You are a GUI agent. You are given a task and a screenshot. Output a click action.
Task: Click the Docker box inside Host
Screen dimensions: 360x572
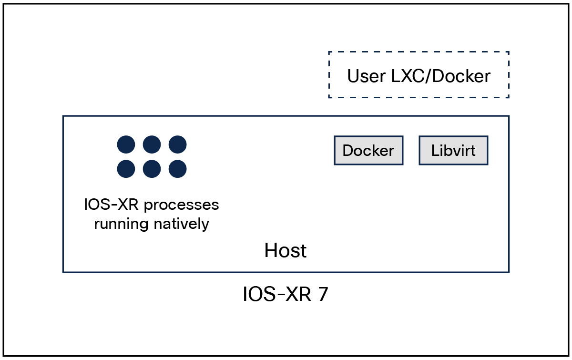[x=368, y=151]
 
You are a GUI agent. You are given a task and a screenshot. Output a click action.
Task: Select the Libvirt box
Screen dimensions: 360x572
[x=453, y=151]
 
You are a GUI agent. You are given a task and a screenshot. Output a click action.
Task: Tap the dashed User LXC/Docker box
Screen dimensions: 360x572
[x=419, y=75]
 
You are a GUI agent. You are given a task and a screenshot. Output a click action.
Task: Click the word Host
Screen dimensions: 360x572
[x=286, y=250]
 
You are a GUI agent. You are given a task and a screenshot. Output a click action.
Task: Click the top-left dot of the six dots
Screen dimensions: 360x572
[x=126, y=144]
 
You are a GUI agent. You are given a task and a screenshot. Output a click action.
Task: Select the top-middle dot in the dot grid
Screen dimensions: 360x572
[x=152, y=144]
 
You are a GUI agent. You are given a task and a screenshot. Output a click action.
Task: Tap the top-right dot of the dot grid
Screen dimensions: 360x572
[x=177, y=144]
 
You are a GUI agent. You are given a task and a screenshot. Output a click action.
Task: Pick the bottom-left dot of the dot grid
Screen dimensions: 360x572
[x=126, y=168]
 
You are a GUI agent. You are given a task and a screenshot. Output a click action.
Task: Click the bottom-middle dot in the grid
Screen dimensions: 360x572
[x=152, y=168]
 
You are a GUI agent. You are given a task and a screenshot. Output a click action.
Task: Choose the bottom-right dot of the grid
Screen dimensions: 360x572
[x=177, y=168]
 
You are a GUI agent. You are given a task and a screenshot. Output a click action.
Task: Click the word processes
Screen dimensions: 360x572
[x=181, y=205]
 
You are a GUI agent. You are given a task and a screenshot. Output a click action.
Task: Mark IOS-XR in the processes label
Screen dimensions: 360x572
[x=112, y=205]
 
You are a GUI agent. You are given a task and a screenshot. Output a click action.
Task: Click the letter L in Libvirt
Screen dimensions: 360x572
[x=434, y=151]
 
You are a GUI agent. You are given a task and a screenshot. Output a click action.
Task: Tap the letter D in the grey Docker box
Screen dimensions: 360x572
[x=347, y=151]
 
